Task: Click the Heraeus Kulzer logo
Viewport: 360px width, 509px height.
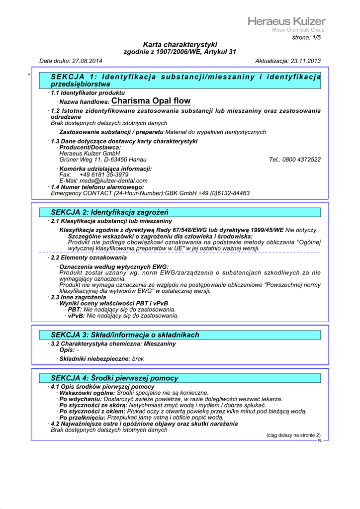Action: point(286,23)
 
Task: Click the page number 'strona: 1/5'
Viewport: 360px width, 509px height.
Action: point(306,38)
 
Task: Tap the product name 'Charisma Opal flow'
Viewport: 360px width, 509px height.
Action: point(151,101)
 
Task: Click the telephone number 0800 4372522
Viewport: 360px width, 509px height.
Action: point(303,160)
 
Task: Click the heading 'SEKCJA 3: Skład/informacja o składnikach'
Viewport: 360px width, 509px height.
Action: point(125,335)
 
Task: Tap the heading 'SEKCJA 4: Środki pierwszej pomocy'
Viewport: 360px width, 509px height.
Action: point(114,378)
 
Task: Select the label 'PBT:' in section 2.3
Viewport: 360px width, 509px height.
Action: point(75,310)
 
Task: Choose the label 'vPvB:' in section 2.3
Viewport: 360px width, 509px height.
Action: point(76,316)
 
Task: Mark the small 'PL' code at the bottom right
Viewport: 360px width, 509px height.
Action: point(320,440)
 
